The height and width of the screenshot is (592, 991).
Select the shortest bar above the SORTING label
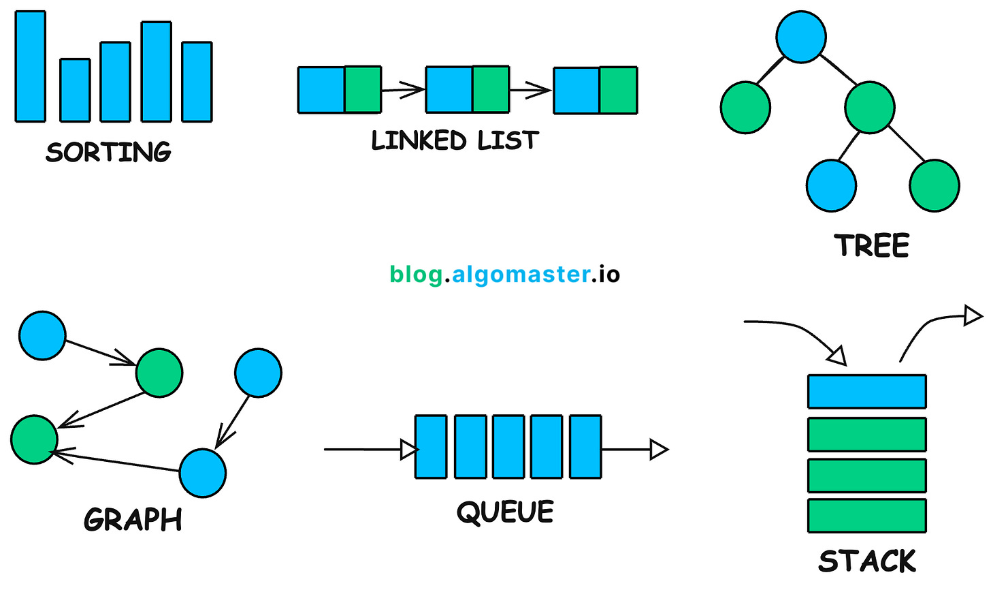(x=75, y=90)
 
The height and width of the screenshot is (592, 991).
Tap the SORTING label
(x=108, y=152)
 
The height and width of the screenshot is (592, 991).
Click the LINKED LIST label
(x=455, y=141)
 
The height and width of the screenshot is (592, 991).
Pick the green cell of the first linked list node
(x=363, y=89)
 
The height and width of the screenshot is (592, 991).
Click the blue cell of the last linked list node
(x=576, y=90)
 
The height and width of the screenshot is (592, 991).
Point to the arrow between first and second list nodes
(x=403, y=89)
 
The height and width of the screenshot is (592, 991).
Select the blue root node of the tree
(x=801, y=37)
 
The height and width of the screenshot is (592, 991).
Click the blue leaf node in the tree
(x=831, y=185)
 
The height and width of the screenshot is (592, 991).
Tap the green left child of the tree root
(x=745, y=108)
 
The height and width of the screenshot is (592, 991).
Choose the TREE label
(x=872, y=246)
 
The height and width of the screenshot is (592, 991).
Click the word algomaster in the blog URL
(x=521, y=275)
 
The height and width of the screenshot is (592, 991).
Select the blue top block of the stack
(x=866, y=392)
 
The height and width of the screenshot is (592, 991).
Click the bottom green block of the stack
(x=866, y=516)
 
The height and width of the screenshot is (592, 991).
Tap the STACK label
(x=867, y=561)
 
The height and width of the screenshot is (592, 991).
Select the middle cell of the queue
(x=508, y=446)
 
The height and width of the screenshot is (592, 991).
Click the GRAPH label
(x=133, y=520)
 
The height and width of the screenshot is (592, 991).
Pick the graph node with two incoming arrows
(x=34, y=439)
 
